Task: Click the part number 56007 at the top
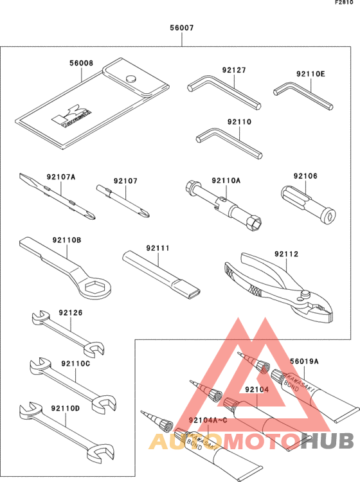[x=181, y=28]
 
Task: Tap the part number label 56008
[x=82, y=64]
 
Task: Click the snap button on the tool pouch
[x=130, y=79]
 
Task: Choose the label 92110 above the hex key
[x=239, y=121]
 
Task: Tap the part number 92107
[x=126, y=181]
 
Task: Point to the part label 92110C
[x=75, y=364]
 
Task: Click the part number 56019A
[x=304, y=362]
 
